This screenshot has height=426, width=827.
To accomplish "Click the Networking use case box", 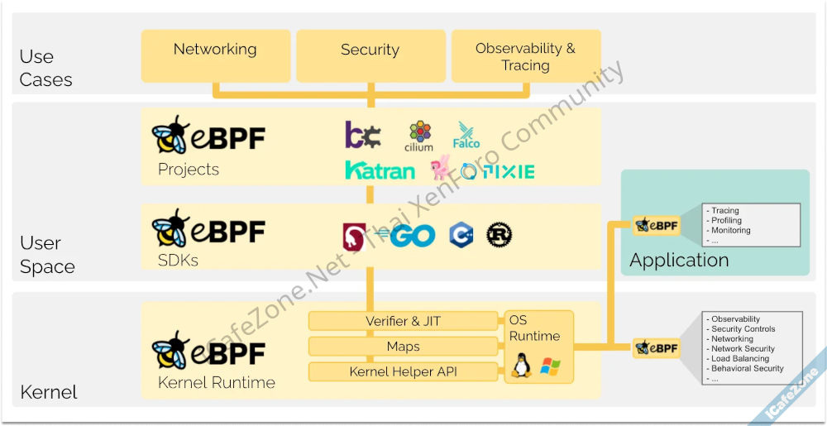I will point(215,55).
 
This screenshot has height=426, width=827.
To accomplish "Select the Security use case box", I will point(370,55).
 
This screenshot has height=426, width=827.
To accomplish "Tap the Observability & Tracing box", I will point(525,56).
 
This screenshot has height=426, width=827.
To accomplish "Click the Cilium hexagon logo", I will point(419,136).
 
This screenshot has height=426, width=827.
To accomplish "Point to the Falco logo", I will point(466,136).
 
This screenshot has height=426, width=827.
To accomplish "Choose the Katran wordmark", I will point(380,171).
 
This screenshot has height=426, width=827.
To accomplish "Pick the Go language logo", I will point(412,236).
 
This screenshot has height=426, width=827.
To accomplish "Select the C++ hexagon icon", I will point(461,235).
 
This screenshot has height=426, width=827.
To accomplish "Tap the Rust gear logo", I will point(500,235).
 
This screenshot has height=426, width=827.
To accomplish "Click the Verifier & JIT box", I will point(404,321).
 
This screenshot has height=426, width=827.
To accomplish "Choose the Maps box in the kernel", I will point(404,347).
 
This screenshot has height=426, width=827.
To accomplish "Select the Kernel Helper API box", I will point(404,372).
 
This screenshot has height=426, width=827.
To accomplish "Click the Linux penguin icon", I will point(521,365).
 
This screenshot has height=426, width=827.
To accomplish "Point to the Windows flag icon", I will point(550,366).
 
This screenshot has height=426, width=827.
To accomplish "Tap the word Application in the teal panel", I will point(679,260).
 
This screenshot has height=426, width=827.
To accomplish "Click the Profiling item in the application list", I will point(727,221).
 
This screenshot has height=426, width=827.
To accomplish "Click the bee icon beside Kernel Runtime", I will point(171,352).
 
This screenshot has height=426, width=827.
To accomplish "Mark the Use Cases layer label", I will point(45,68).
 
